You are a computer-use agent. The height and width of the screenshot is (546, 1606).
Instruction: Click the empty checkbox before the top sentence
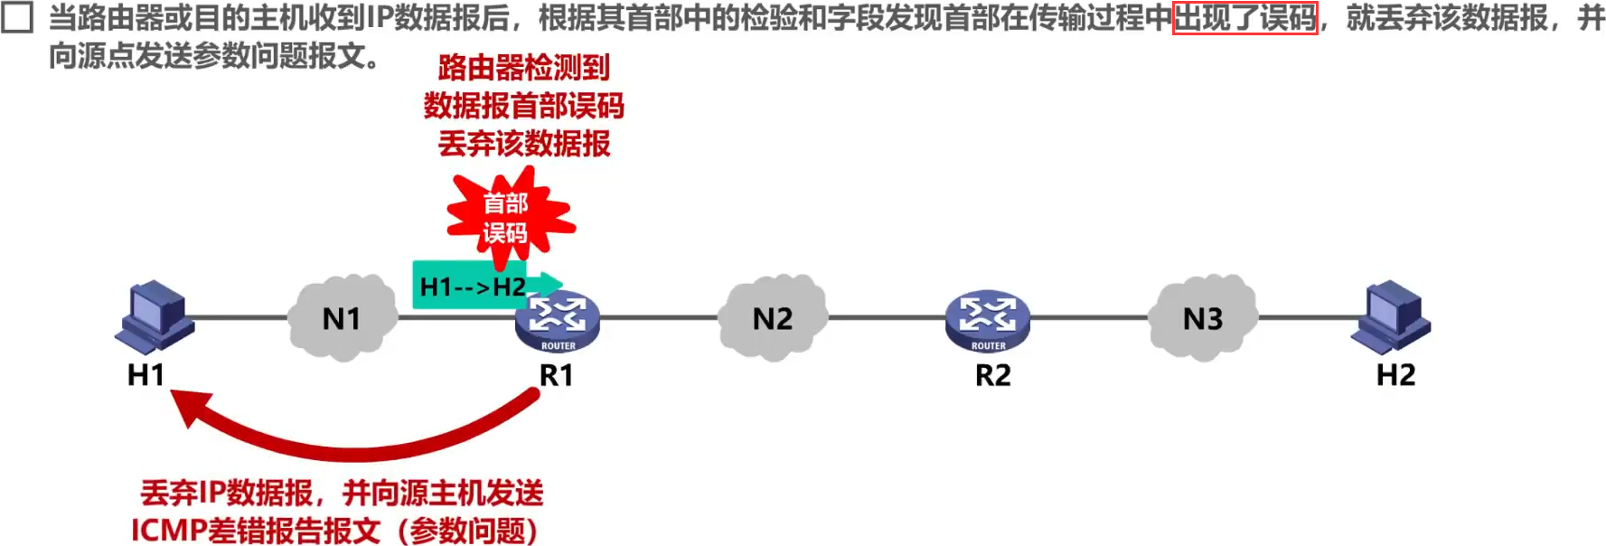[17, 17]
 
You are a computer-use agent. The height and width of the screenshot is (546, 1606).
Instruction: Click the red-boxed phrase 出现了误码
[1244, 17]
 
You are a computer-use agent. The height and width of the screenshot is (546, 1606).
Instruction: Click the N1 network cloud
[342, 318]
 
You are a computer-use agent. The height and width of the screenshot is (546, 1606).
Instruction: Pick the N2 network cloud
[773, 318]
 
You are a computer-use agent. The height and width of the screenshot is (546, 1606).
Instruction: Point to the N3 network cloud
[1203, 318]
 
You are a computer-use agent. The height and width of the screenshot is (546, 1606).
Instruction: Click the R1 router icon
[558, 321]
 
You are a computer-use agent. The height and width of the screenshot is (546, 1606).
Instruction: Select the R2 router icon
[988, 321]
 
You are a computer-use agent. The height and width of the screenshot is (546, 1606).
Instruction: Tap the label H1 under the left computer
[146, 374]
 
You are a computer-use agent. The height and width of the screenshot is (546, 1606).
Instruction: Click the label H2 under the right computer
[1395, 374]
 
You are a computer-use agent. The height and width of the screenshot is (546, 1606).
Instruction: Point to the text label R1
[556, 374]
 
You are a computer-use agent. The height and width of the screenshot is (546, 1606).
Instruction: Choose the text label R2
[992, 374]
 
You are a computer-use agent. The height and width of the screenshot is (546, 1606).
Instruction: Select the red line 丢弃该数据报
[524, 144]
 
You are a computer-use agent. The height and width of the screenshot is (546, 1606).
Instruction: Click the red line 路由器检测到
[524, 67]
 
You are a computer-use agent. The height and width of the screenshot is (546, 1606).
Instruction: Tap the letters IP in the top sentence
[376, 17]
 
